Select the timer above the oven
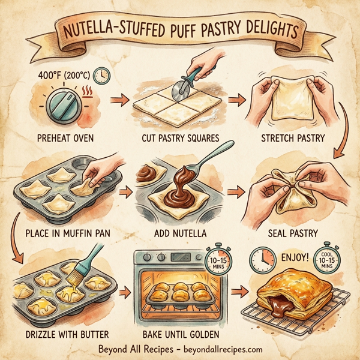[217, 260]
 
